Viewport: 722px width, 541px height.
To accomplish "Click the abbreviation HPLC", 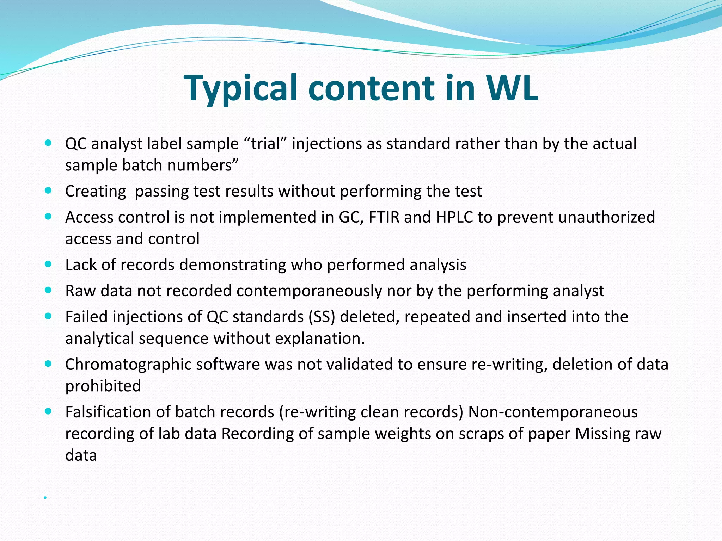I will (454, 217).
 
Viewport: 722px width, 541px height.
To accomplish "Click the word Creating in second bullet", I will (96, 191).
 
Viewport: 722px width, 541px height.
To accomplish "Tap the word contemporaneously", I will (309, 291).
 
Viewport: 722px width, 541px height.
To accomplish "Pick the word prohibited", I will (103, 386).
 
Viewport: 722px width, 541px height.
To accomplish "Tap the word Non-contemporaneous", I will (553, 412).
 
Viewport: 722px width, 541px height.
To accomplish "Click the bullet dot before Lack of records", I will (49, 264).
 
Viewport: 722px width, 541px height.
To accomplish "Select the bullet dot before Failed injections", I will (49, 316).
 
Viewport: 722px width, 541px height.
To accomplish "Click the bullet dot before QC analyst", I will (49, 143).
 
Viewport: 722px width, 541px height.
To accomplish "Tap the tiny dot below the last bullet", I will (45, 497).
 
